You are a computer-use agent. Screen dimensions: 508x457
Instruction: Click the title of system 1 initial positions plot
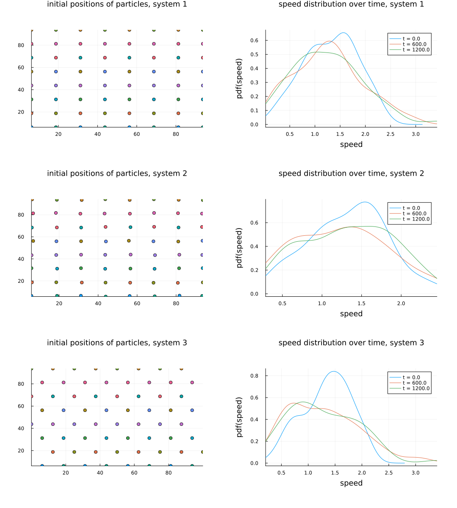[x=117, y=4]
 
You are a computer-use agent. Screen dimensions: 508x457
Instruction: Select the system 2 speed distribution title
[x=351, y=174]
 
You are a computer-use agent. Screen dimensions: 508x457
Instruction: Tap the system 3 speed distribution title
[x=351, y=343]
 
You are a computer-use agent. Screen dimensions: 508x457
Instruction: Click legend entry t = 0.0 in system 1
[x=411, y=39]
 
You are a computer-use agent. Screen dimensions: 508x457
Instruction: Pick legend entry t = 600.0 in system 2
[x=414, y=214]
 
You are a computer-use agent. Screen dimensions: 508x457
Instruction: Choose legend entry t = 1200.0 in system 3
[x=416, y=389]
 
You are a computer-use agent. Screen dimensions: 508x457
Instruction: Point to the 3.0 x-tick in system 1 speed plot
[x=415, y=134]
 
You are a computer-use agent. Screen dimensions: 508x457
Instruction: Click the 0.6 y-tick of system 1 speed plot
[x=258, y=40]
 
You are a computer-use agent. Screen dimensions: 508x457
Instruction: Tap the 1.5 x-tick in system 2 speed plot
[x=362, y=304]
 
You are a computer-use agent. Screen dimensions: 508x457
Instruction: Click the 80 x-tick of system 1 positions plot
[x=176, y=134]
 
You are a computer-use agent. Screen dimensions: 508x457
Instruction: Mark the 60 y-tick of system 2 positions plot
[x=21, y=237]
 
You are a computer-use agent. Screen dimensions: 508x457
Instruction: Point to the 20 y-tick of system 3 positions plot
[x=21, y=451]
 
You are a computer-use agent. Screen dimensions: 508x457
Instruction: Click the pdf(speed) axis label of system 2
[x=239, y=248]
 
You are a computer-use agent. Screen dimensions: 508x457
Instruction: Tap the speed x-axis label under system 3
[x=351, y=483]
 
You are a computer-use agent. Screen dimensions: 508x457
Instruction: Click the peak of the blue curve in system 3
[x=334, y=371]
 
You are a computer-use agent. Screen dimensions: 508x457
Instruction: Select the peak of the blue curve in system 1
[x=343, y=33]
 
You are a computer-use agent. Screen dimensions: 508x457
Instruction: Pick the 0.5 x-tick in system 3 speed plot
[x=281, y=473]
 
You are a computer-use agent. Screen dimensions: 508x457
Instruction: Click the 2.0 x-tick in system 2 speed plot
[x=401, y=304]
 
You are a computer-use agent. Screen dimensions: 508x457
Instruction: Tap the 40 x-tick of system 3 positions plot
[x=100, y=473]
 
